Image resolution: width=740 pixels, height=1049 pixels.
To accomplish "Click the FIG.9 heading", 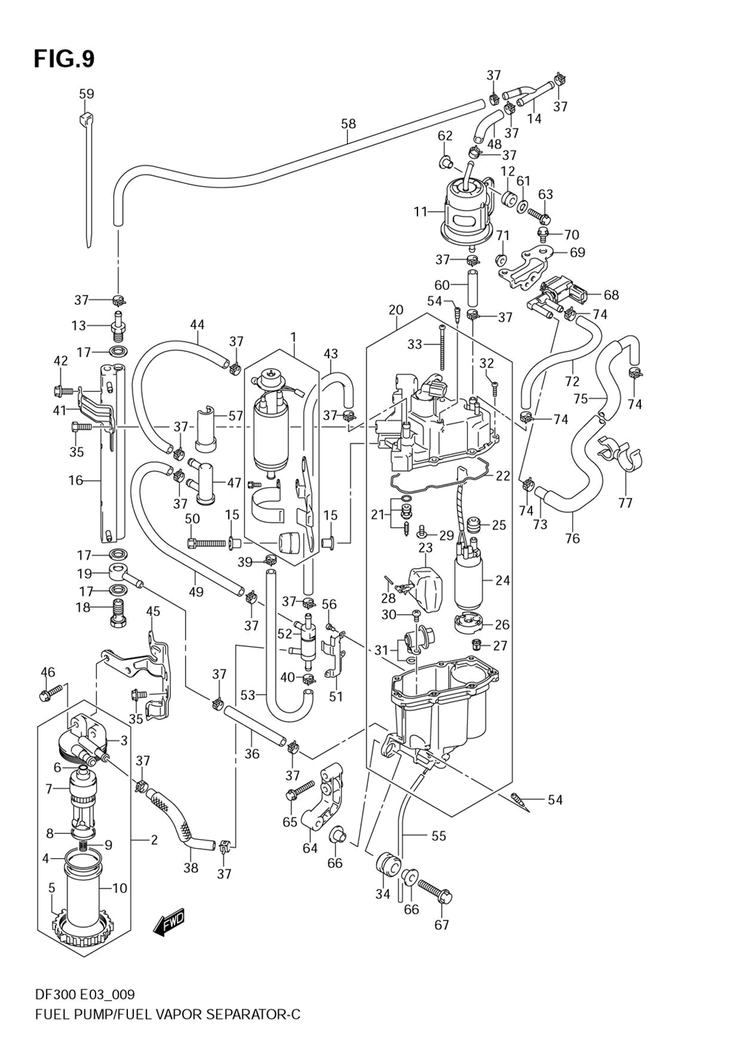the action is click(64, 59).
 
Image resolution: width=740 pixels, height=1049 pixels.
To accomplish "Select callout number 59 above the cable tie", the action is click(87, 94).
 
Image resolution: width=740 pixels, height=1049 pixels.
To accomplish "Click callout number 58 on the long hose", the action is click(349, 123).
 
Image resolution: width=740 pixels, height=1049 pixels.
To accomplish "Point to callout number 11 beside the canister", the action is click(421, 211).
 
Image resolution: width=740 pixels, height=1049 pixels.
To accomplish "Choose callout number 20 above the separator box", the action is click(396, 310).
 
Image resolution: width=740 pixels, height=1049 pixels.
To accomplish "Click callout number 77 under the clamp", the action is click(625, 503).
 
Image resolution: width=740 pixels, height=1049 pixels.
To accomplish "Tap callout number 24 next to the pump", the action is click(502, 580).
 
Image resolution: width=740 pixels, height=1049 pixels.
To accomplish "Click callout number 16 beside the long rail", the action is click(75, 480).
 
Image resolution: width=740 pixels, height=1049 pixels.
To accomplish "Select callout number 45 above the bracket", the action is click(152, 611).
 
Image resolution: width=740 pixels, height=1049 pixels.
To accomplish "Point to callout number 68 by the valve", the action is click(611, 294).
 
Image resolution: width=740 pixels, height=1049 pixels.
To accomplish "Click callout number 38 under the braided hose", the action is click(191, 868).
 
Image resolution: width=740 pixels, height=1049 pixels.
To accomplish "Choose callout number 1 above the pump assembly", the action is click(293, 336).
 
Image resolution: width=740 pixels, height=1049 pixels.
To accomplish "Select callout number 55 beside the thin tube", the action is click(438, 835).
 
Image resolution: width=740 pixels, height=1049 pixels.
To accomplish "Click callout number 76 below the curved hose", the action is click(572, 538).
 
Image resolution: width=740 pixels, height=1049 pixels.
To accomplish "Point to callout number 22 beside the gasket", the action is click(502, 475).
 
